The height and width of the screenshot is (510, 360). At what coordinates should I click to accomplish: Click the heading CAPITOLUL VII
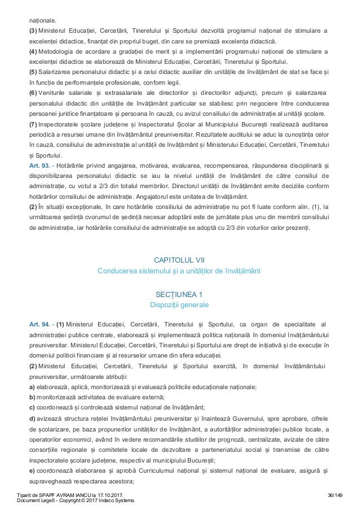[x=179, y=260]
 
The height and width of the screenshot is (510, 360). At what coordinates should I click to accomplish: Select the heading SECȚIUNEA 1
[x=179, y=294]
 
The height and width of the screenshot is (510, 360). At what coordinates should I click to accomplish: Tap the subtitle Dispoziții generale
[x=179, y=305]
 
